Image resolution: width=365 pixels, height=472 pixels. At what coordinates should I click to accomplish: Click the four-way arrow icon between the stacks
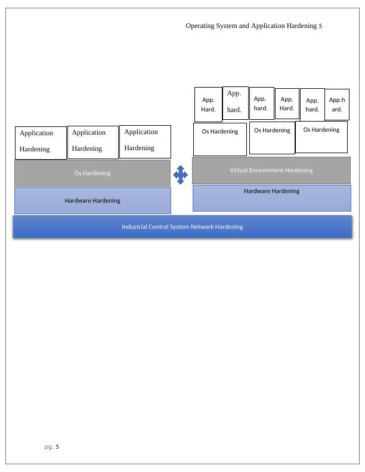point(180,175)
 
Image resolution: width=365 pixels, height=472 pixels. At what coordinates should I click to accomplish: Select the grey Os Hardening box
point(92,173)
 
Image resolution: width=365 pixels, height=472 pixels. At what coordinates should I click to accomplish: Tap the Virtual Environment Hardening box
point(271,170)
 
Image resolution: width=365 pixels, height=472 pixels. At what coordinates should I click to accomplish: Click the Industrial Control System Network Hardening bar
point(182,227)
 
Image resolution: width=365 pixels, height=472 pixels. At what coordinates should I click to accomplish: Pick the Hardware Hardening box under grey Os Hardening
point(92,200)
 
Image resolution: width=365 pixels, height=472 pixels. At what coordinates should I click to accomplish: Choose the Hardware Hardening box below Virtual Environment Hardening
point(271,197)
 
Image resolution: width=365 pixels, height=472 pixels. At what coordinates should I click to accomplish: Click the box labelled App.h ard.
point(337,104)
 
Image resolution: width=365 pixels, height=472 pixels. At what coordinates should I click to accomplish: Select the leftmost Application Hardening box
point(41,142)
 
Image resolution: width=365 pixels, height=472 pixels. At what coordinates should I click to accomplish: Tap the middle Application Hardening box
point(93,142)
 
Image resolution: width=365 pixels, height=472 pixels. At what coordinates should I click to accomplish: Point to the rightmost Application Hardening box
point(145,141)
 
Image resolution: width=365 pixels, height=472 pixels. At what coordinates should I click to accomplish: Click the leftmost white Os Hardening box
point(220,139)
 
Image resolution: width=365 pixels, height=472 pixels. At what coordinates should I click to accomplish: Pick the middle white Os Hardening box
point(272,138)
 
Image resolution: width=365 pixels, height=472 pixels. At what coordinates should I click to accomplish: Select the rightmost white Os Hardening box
point(321,136)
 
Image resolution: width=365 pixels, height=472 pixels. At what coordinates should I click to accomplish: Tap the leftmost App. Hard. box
point(208,104)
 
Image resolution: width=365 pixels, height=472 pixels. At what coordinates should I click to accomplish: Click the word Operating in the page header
point(200,26)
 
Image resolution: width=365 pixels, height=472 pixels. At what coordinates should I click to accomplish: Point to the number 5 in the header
point(320,26)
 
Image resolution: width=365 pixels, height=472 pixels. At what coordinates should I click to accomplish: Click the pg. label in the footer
point(49,446)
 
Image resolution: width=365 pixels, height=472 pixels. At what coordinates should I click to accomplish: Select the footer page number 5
point(58,446)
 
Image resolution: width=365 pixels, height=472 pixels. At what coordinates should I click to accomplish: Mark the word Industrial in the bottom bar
point(136,227)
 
